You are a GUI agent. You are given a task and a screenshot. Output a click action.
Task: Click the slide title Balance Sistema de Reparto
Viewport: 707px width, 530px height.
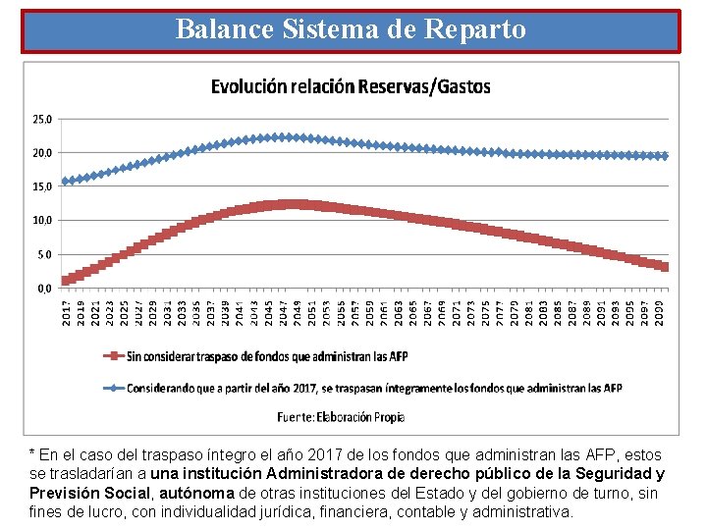(351, 29)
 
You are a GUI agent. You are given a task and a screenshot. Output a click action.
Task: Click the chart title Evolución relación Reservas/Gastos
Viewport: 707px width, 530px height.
(351, 86)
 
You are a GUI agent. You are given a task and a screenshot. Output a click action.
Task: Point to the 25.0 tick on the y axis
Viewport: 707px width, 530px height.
(43, 120)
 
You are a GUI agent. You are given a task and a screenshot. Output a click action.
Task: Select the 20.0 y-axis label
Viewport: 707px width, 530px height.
(43, 153)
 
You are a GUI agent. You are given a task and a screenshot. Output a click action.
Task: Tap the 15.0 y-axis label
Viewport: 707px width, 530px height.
(43, 186)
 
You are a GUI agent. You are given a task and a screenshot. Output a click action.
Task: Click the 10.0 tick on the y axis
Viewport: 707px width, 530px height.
(43, 221)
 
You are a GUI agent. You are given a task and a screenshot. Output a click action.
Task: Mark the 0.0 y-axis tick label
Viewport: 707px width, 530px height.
(43, 289)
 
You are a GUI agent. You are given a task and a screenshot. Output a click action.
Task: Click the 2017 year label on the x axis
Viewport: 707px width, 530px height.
(67, 314)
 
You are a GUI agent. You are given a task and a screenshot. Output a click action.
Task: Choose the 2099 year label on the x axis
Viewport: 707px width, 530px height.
(660, 314)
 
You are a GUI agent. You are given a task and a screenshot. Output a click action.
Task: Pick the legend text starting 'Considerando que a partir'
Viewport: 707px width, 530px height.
(373, 388)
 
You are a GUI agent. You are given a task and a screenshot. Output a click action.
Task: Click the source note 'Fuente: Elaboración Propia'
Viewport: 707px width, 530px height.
(341, 417)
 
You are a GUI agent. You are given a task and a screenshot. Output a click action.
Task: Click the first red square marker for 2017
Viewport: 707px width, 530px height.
(67, 281)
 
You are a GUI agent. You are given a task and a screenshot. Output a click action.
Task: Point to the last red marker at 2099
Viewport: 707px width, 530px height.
(665, 267)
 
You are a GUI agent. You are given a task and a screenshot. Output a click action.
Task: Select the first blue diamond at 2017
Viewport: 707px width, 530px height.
(67, 182)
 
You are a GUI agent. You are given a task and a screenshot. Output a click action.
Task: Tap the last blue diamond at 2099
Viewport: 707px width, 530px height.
(665, 156)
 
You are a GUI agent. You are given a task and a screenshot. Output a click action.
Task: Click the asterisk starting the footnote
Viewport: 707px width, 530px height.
(32, 454)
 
